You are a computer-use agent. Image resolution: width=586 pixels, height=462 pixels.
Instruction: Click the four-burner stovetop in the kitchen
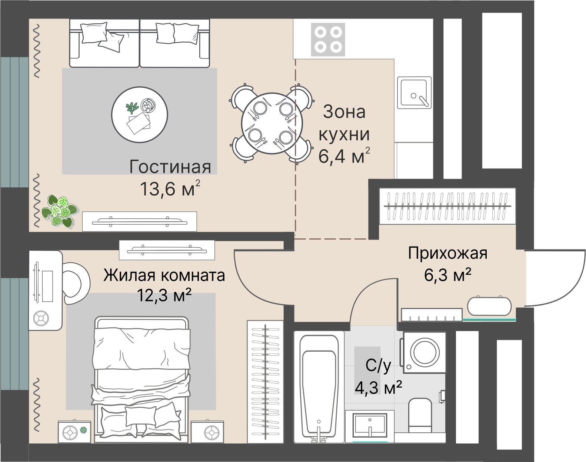coord(328,40)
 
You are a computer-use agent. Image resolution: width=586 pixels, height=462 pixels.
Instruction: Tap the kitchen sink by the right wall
coord(414,93)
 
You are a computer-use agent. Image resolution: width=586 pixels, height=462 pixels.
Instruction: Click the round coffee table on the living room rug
coord(140,114)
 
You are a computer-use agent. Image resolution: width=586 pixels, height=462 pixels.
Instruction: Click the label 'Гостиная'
coord(170,167)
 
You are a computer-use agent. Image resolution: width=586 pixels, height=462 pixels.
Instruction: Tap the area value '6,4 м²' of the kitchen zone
coord(344,156)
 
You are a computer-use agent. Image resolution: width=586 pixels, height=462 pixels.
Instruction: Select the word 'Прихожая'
coord(447,254)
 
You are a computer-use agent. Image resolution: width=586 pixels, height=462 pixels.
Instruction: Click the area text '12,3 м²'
coord(164,295)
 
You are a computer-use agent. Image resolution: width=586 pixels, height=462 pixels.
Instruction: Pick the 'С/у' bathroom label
coord(378,366)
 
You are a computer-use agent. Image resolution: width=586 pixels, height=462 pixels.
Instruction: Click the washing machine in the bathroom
coord(425,352)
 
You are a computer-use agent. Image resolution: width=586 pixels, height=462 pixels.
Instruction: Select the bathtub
coord(319,387)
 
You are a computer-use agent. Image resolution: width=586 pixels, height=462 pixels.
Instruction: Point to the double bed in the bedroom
coord(141,379)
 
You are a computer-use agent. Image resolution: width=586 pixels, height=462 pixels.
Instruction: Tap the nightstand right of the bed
coord(207,431)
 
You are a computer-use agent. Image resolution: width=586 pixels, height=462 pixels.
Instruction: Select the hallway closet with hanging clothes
coord(447,206)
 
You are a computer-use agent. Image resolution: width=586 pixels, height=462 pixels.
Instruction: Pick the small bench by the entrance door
coord(489,307)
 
